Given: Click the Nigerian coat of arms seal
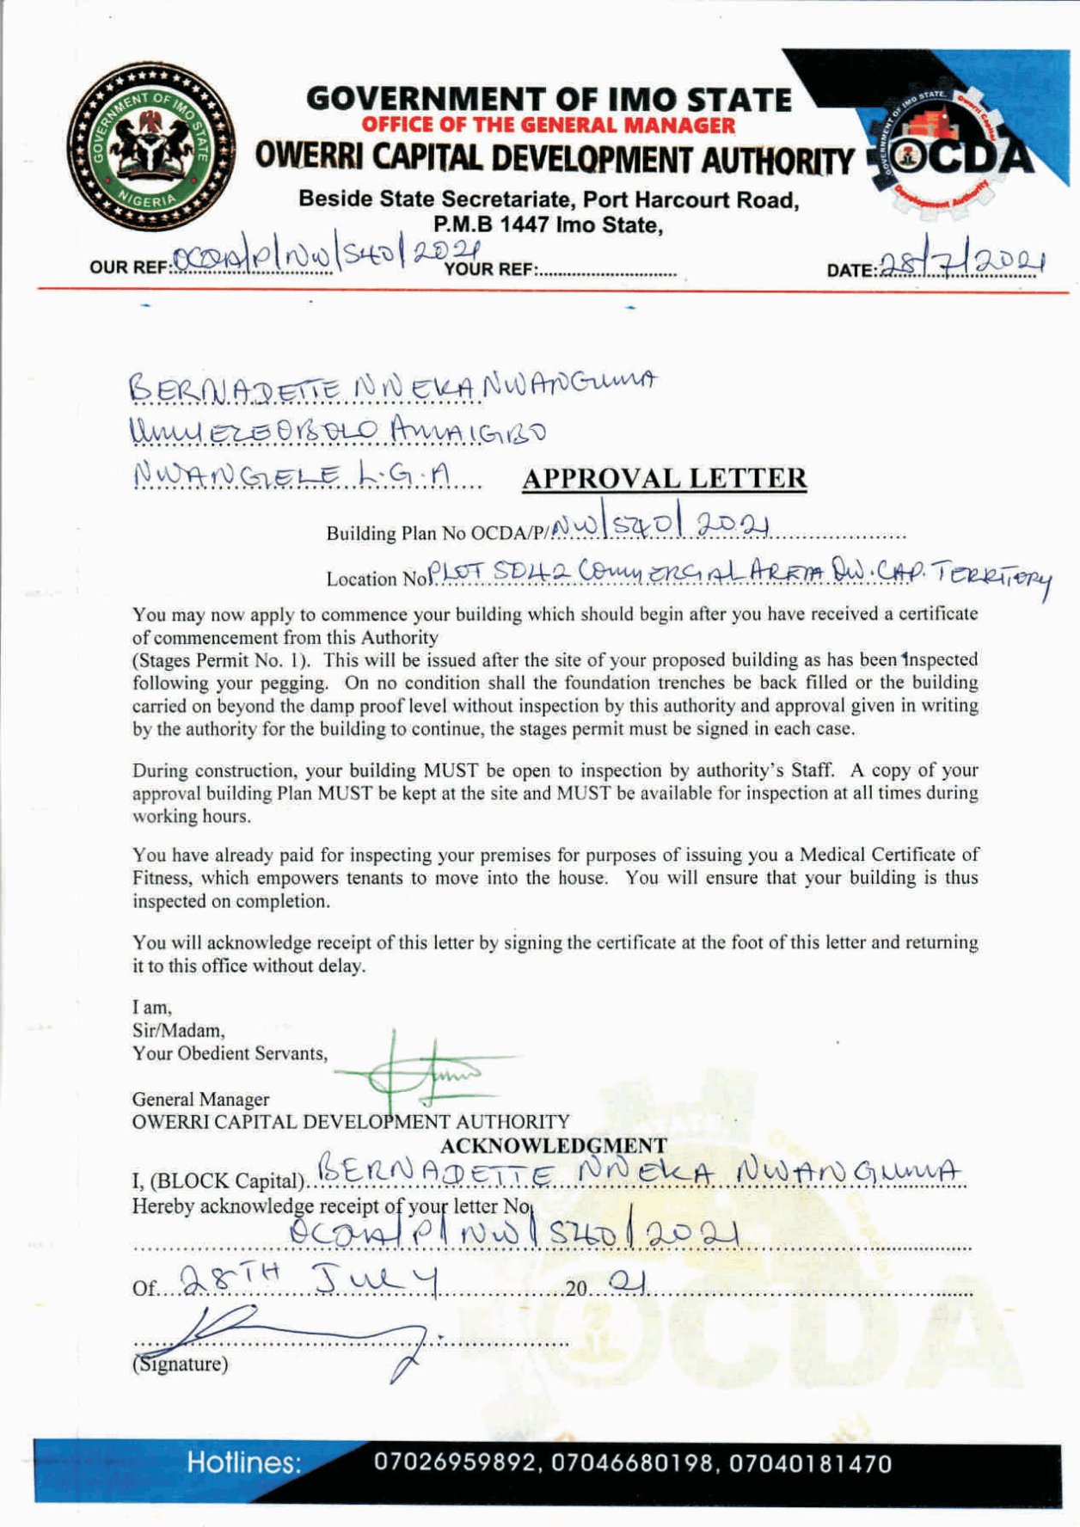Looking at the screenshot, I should click(x=151, y=146).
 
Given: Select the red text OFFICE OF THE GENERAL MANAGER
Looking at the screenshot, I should click(x=548, y=126).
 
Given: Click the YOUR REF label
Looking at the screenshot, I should click(x=490, y=270).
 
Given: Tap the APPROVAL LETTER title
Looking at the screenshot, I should click(x=664, y=478).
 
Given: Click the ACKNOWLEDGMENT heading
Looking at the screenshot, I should click(x=553, y=1145).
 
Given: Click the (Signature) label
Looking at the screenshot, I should click(x=180, y=1364).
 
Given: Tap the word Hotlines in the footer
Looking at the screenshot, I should click(x=244, y=1463).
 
